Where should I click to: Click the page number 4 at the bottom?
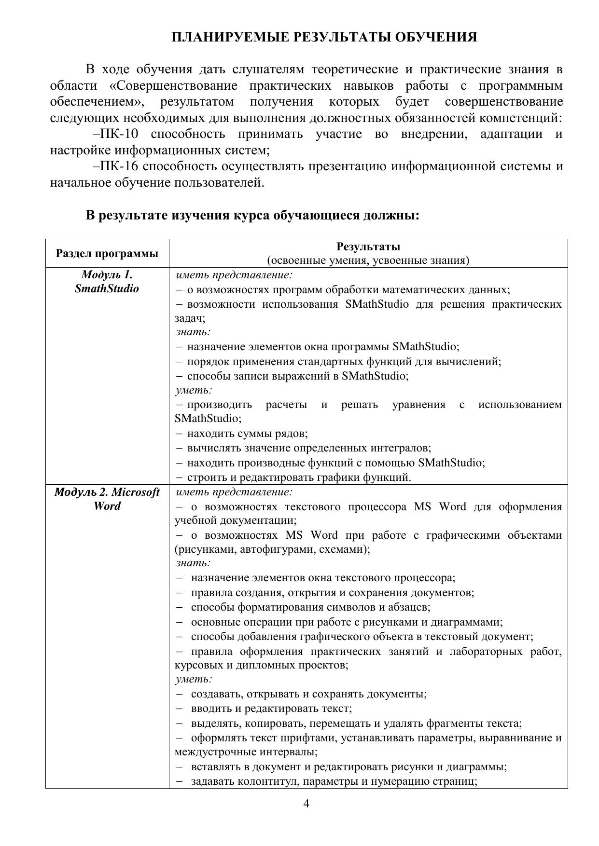pyautogui.click(x=306, y=804)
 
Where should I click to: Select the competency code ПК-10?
pyautogui.click(x=120, y=134)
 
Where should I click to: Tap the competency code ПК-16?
pyautogui.click(x=120, y=166)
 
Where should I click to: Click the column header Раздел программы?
pyautogui.click(x=107, y=253)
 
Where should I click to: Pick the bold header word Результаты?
pyautogui.click(x=368, y=246)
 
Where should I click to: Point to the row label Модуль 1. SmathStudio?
pyautogui.click(x=107, y=282)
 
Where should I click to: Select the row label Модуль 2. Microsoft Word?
pyautogui.click(x=107, y=499)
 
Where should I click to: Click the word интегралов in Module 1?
pyautogui.click(x=403, y=448)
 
